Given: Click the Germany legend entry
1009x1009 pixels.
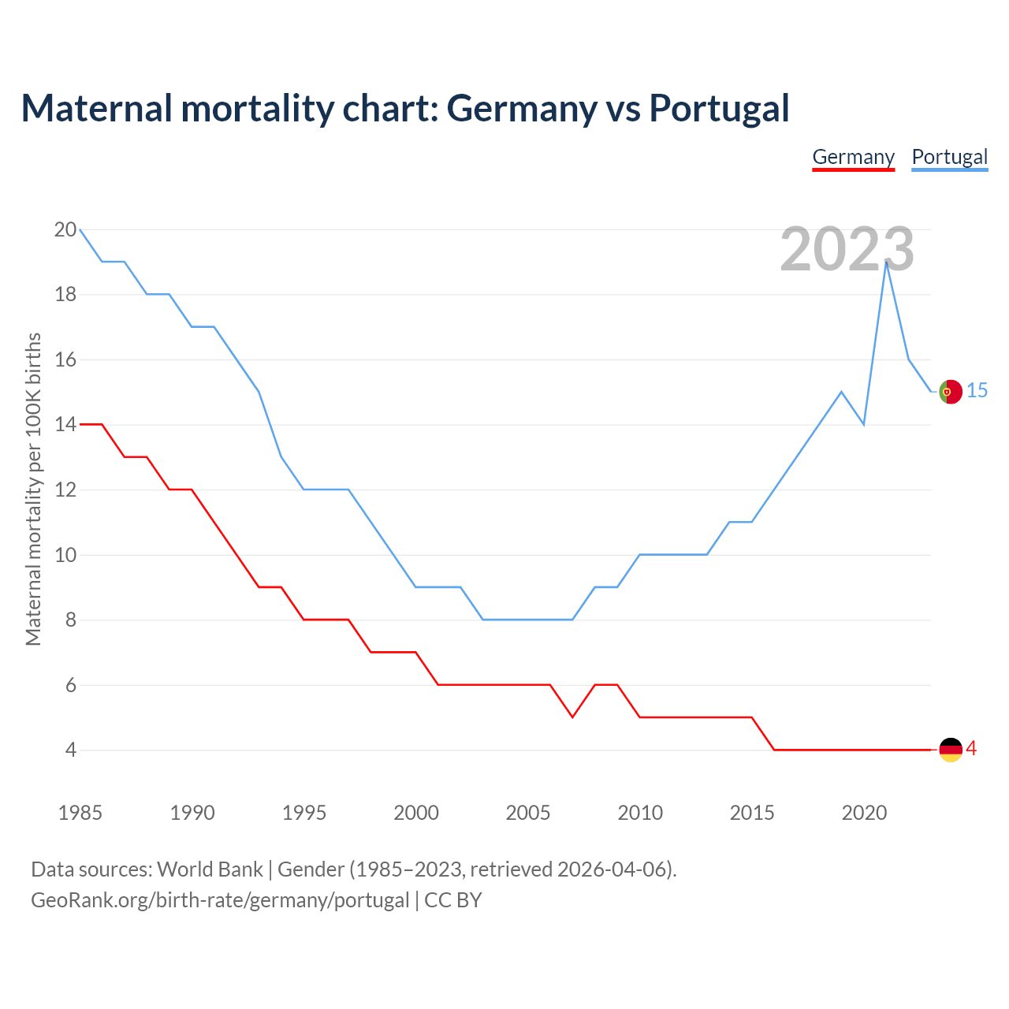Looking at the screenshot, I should (853, 157).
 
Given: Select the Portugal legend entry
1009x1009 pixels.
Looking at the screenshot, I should (949, 157).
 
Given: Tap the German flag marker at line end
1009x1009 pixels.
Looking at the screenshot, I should (951, 750).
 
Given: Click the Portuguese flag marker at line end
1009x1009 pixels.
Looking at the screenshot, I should (951, 392).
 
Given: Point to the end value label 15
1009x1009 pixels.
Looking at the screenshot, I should (977, 391).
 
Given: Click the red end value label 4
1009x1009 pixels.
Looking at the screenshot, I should (971, 749).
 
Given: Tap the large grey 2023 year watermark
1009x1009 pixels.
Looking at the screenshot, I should (847, 249).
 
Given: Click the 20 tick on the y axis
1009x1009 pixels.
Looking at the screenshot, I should (65, 230).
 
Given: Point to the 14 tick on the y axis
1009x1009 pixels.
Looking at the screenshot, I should (65, 425).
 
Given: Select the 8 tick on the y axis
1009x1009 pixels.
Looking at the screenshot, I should (69, 620).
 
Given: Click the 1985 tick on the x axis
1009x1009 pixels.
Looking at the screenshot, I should (80, 813).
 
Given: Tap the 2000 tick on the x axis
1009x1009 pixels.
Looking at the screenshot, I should (416, 813).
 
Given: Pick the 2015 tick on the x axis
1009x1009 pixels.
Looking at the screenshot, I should (752, 813).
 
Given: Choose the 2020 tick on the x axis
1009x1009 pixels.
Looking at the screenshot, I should (864, 813).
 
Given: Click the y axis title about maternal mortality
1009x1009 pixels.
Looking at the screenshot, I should (33, 489).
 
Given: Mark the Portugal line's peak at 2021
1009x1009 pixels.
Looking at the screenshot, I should (887, 262).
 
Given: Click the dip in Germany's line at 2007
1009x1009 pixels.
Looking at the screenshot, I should (572, 717).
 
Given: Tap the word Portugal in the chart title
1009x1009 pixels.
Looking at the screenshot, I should (719, 108).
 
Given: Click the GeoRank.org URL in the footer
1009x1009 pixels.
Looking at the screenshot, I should (220, 900).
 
